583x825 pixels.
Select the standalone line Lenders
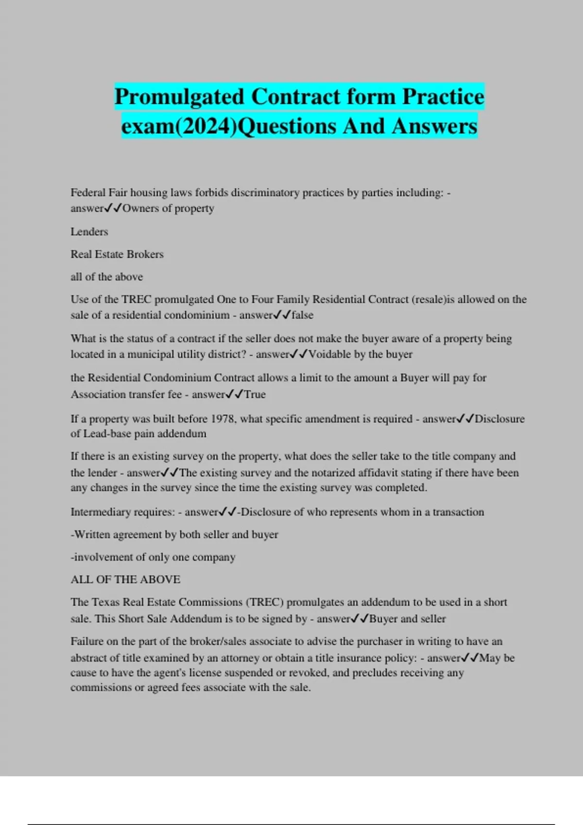89,231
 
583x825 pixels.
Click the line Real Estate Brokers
117,254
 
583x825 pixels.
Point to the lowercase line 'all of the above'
107,277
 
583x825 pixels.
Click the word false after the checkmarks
302,315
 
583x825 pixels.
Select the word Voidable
330,354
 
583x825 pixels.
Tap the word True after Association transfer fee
255,394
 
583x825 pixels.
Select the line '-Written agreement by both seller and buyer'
174,534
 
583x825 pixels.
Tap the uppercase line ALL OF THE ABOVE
125,579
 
